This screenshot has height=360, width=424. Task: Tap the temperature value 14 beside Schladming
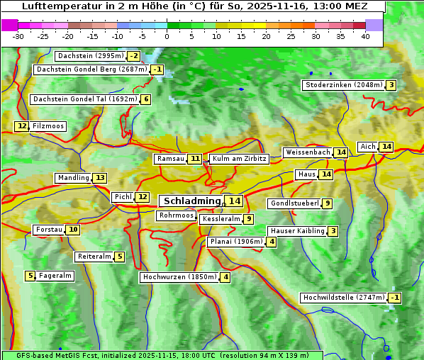pos(235,201)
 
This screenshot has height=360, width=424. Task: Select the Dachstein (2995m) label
pos(89,56)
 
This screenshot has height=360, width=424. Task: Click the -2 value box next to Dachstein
pos(133,56)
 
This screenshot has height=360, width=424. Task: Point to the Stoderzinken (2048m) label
pos(343,85)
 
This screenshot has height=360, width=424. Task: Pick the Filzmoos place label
pos(48,126)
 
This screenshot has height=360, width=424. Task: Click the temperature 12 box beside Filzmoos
pos(21,126)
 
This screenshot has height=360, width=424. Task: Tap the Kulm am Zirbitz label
pos(239,159)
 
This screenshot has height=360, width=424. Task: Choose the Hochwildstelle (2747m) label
pos(343,298)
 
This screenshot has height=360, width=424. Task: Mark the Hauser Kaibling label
pos(297,231)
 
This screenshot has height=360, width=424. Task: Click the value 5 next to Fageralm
pos(30,276)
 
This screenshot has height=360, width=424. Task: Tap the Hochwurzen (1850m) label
pos(178,277)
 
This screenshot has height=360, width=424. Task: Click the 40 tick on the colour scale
pos(365,36)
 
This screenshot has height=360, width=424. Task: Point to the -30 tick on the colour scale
pos(18,36)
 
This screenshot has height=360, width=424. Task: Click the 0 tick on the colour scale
pos(167,36)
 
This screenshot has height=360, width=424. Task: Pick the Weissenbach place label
pos(308,152)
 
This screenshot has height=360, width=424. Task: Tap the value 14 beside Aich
pos(386,147)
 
